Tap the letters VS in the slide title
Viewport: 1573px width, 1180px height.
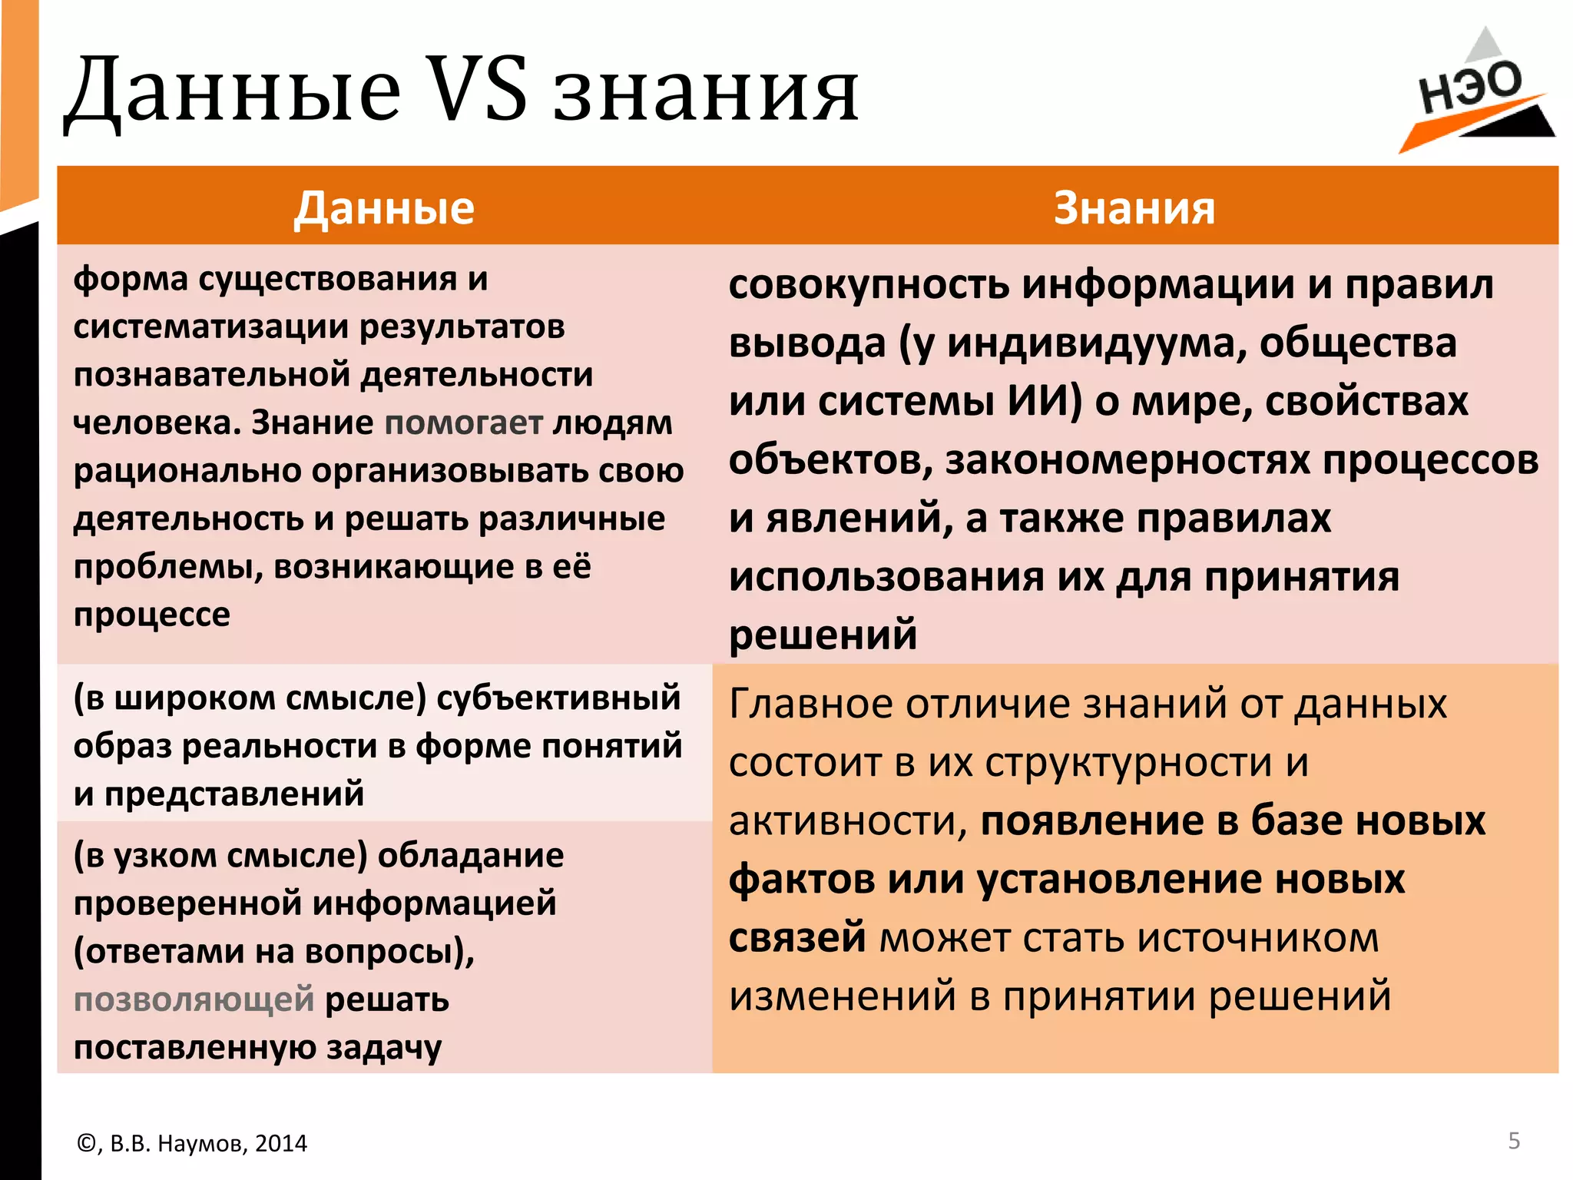476,91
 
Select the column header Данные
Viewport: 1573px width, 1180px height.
384,207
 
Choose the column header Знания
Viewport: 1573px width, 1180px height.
1134,207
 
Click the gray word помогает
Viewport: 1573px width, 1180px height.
463,423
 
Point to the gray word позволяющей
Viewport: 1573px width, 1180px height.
194,999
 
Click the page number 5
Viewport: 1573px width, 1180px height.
1514,1141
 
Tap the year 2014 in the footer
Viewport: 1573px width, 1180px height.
281,1144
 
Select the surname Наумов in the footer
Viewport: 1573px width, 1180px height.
200,1144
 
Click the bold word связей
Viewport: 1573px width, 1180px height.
797,937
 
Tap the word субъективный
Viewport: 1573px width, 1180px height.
558,698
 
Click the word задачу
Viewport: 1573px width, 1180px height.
384,1048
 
